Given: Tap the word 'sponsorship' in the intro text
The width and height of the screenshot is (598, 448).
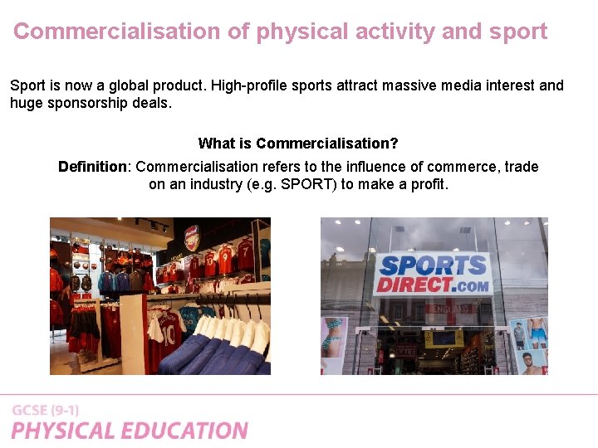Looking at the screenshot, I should pyautogui.click(x=86, y=103).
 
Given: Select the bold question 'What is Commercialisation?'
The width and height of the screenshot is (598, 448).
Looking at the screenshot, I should pyautogui.click(x=298, y=144).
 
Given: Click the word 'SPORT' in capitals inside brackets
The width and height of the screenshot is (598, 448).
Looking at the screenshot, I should pyautogui.click(x=309, y=184).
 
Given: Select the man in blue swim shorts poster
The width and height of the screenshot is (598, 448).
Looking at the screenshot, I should pyautogui.click(x=537, y=336).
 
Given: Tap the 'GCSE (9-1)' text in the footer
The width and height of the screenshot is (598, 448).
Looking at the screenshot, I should pyautogui.click(x=46, y=411).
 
